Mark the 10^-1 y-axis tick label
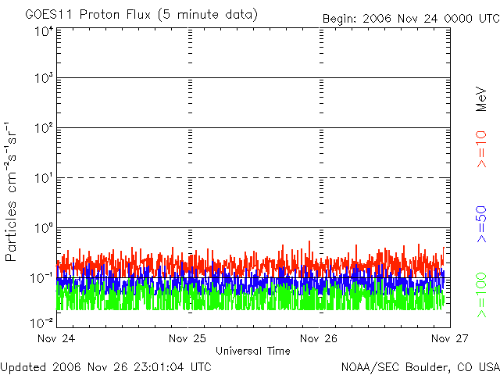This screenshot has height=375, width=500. tap(42, 277)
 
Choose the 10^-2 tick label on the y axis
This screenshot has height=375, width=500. tap(42, 320)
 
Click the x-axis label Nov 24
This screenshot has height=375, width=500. tap(56, 339)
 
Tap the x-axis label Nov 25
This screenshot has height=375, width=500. tap(187, 339)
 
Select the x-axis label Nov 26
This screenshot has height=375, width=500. tap(319, 339)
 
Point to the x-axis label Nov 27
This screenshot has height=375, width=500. tap(448, 339)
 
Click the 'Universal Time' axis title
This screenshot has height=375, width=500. tap(253, 351)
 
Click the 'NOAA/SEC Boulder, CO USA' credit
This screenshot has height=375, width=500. tap(420, 366)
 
